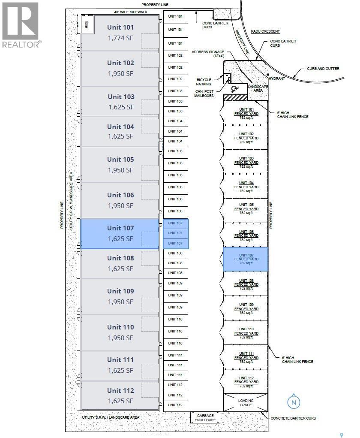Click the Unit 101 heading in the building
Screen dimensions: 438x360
(x=120, y=27)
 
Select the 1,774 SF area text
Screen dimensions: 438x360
(x=120, y=38)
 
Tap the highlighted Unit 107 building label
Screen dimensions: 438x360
(x=120, y=228)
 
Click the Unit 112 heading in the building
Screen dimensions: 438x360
(x=120, y=390)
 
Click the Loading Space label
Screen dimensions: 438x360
(x=246, y=403)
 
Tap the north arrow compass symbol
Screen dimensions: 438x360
(x=294, y=402)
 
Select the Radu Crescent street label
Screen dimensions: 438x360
(x=269, y=31)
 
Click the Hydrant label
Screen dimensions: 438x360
(x=273, y=79)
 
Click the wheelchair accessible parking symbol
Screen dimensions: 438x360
(x=234, y=89)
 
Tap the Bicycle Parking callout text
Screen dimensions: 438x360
(x=204, y=82)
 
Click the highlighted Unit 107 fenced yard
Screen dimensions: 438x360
(x=246, y=259)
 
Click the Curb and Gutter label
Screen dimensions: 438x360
(x=323, y=69)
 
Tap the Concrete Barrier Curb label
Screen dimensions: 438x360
(x=294, y=418)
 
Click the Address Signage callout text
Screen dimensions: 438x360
(x=208, y=54)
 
